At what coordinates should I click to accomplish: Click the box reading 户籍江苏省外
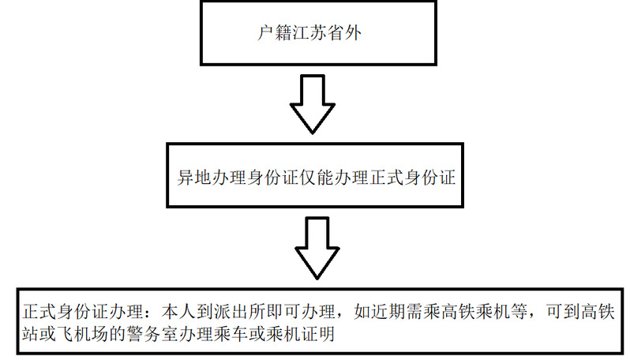[315, 33]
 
